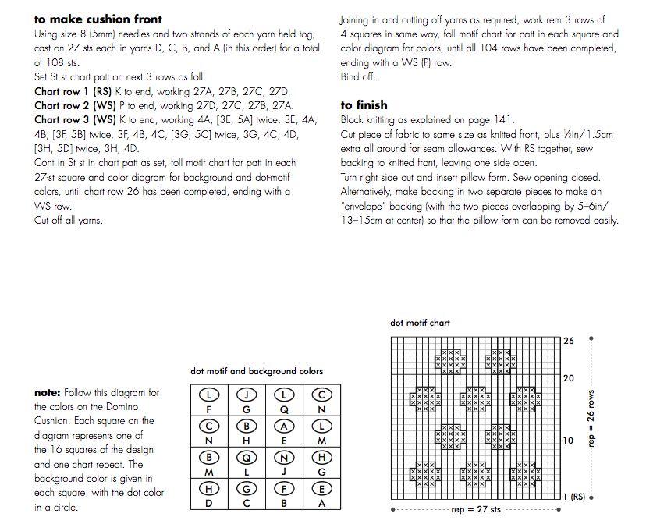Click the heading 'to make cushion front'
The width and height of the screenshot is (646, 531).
tap(98, 19)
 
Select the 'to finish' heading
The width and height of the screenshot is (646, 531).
tap(364, 104)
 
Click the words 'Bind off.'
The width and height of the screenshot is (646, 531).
tap(358, 77)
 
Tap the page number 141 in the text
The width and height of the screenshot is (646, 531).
tap(503, 119)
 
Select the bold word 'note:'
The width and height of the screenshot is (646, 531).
tap(48, 393)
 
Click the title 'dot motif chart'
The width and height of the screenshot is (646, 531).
tap(420, 323)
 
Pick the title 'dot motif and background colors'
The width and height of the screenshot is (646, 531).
tap(257, 371)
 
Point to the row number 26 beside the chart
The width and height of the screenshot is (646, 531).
tap(569, 341)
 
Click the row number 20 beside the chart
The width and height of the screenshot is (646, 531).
tap(569, 378)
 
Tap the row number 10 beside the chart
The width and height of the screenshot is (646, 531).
tap(569, 441)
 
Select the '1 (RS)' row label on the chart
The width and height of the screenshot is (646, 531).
tap(575, 497)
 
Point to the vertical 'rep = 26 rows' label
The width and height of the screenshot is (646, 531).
tap(591, 418)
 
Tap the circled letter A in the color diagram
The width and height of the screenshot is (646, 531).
tap(285, 426)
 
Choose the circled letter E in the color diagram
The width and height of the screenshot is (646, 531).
tap(321, 489)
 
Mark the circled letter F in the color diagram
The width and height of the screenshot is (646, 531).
tap(285, 489)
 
